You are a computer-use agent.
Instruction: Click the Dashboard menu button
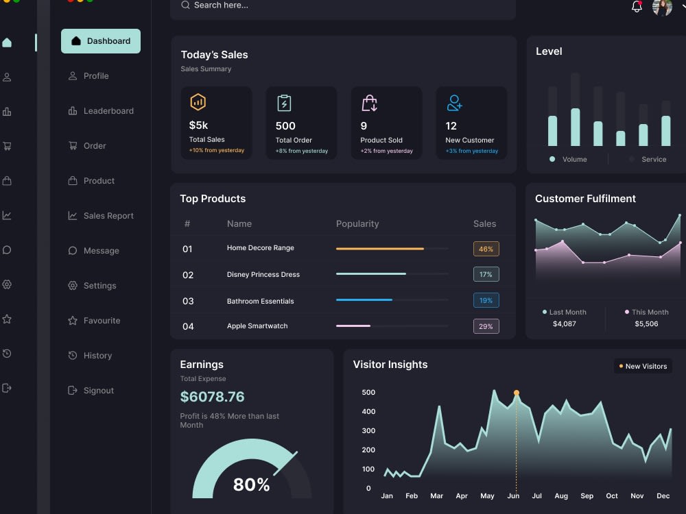(101, 41)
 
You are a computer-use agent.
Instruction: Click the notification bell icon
(637, 7)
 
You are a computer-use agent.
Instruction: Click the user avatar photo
(662, 7)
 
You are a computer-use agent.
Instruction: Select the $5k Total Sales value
(198, 125)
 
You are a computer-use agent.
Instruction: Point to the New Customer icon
(454, 103)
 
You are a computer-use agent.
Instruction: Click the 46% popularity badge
(486, 249)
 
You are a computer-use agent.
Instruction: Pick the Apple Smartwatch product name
(257, 326)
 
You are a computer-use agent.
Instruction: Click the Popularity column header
(357, 224)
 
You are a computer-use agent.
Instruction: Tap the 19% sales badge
(486, 300)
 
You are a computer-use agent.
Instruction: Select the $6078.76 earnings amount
(212, 397)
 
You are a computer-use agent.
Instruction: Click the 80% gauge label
(251, 485)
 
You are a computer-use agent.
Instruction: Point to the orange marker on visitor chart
(517, 393)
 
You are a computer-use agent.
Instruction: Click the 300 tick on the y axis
(368, 431)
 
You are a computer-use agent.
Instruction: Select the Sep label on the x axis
(587, 495)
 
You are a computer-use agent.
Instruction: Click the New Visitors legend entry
(643, 367)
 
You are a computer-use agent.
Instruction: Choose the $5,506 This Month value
(646, 324)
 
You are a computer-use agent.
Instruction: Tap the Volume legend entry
(569, 160)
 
